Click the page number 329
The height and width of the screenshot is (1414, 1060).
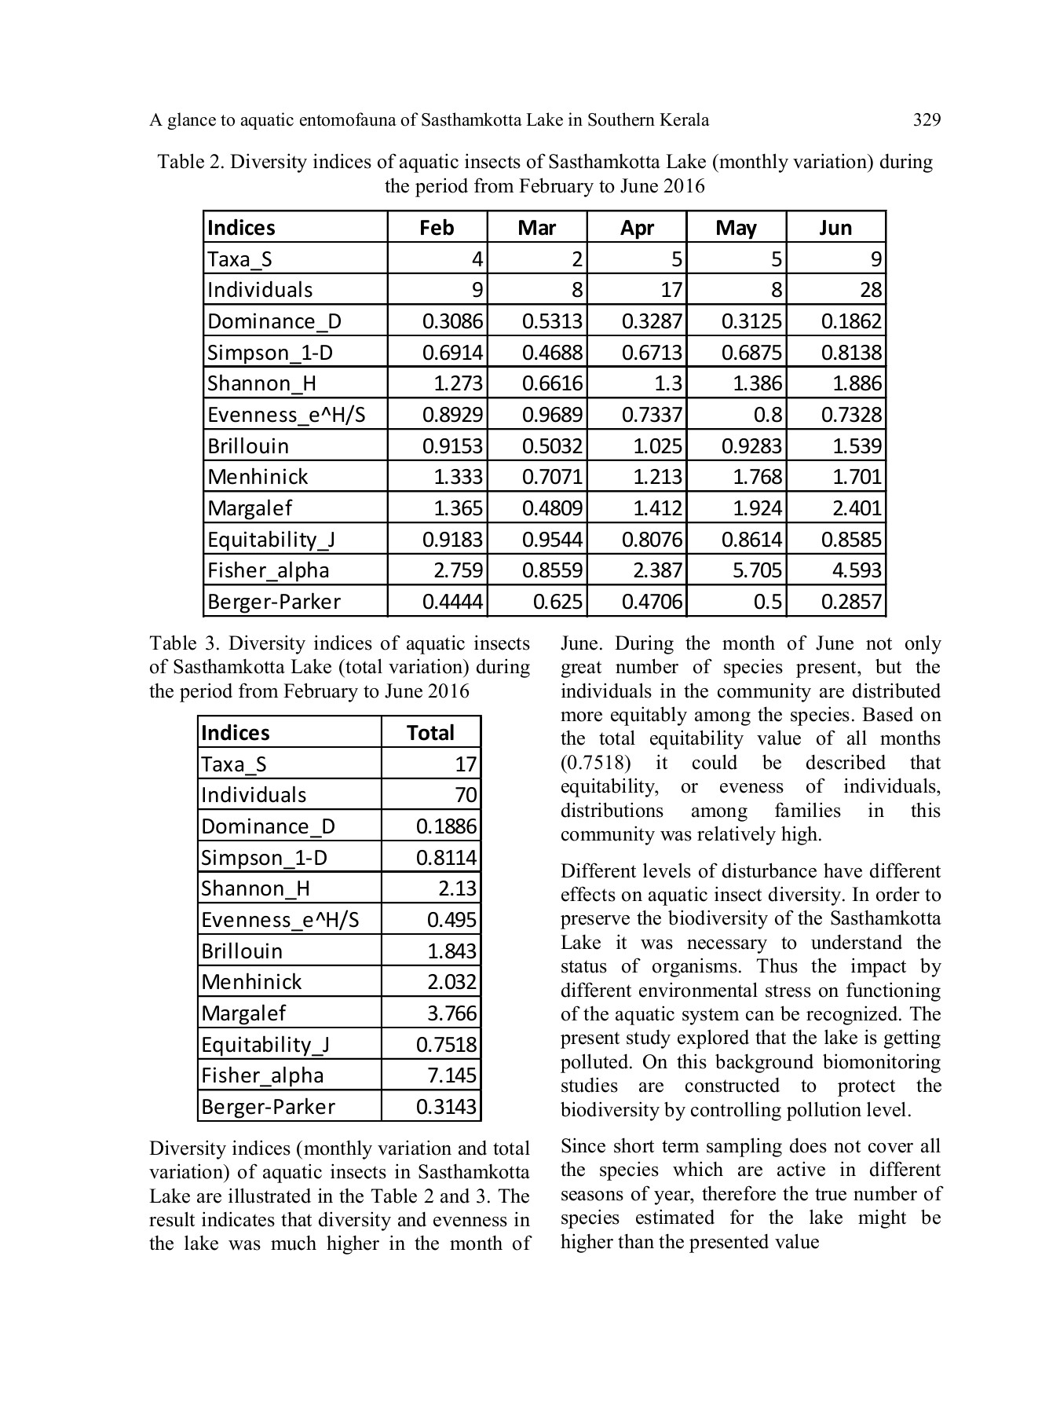tap(927, 120)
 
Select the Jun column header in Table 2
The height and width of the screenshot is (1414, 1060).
tap(835, 228)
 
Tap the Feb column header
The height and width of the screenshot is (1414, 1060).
tap(437, 228)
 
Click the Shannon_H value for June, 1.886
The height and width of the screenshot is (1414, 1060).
tap(857, 383)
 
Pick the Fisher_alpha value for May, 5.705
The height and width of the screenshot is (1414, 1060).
tap(757, 570)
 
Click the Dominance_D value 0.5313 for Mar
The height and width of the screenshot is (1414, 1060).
tap(553, 321)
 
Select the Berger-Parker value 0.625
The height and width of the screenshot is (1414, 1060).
tap(557, 602)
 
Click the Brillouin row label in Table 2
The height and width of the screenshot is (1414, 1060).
tap(248, 446)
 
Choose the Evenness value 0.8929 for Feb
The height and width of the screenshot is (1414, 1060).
tap(452, 415)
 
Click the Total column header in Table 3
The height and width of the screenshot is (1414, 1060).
tap(430, 733)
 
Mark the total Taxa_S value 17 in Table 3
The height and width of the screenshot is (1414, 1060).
tap(466, 764)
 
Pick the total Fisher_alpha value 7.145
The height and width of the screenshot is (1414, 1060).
tap(451, 1075)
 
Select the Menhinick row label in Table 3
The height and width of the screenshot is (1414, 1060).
tap(251, 982)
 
